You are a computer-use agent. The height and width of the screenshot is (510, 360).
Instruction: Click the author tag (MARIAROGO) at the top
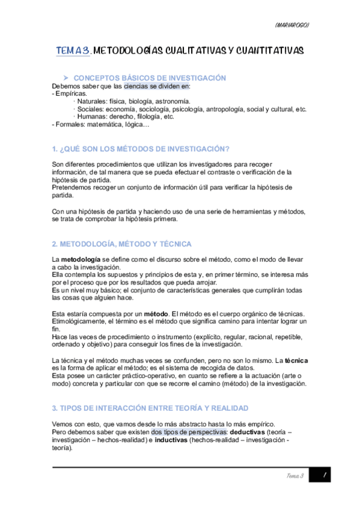pos(291,25)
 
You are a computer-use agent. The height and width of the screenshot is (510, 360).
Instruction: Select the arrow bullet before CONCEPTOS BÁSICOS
pos(66,78)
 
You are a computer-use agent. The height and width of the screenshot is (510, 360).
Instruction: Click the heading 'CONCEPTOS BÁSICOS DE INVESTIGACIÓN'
pos(149,78)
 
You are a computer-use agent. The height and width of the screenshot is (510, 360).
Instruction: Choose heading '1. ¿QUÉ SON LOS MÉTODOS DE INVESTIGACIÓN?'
pos(142,149)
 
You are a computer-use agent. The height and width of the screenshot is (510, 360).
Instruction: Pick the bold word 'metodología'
pos(79,259)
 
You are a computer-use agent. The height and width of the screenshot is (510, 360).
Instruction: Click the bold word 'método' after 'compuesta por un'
pos(155,313)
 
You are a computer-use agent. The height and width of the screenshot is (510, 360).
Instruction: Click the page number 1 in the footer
pos(324,476)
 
